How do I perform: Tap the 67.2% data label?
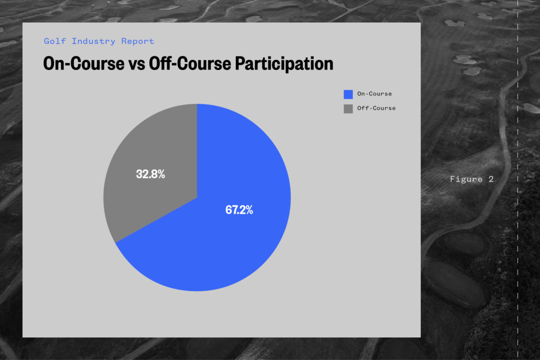coord(239,210)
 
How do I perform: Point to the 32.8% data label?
coord(150,174)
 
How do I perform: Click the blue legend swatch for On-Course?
coord(348,94)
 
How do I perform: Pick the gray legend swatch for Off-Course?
coord(348,109)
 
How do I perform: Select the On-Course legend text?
coord(374,94)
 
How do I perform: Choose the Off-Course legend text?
coord(377,108)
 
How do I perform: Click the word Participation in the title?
coord(284,64)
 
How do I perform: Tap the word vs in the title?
coord(137,64)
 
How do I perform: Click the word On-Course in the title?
coord(84,63)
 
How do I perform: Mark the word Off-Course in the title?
coord(190,63)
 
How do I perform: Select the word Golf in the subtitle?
coord(55,41)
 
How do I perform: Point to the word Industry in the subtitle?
coord(93,41)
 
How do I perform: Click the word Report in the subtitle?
coord(138,42)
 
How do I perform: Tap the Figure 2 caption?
coord(472,179)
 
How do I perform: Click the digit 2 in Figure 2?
coord(491,179)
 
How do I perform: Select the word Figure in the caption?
coord(466,179)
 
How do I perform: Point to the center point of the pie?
coord(197,198)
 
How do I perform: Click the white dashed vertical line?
coord(518,180)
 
